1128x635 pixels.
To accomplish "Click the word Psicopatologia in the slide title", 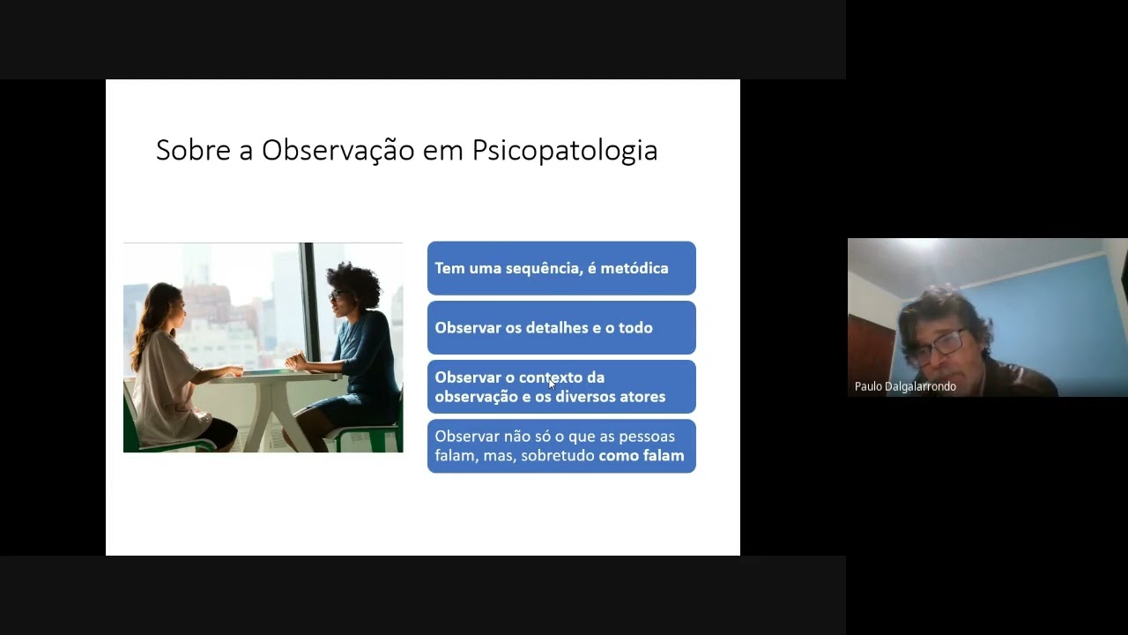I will point(564,150).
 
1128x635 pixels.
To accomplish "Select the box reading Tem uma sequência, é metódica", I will point(561,268).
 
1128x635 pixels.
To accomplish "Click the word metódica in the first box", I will point(633,268).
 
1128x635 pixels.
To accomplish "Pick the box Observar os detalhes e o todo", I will point(561,327).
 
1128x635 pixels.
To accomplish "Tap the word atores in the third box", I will point(642,397).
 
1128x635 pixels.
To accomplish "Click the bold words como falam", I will point(642,456).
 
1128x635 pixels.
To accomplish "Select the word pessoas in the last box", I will point(646,437).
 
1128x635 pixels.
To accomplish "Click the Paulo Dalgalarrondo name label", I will point(905,386).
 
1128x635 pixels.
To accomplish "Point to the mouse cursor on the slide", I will point(552,383).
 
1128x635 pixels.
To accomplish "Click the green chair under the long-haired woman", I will point(137,432).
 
